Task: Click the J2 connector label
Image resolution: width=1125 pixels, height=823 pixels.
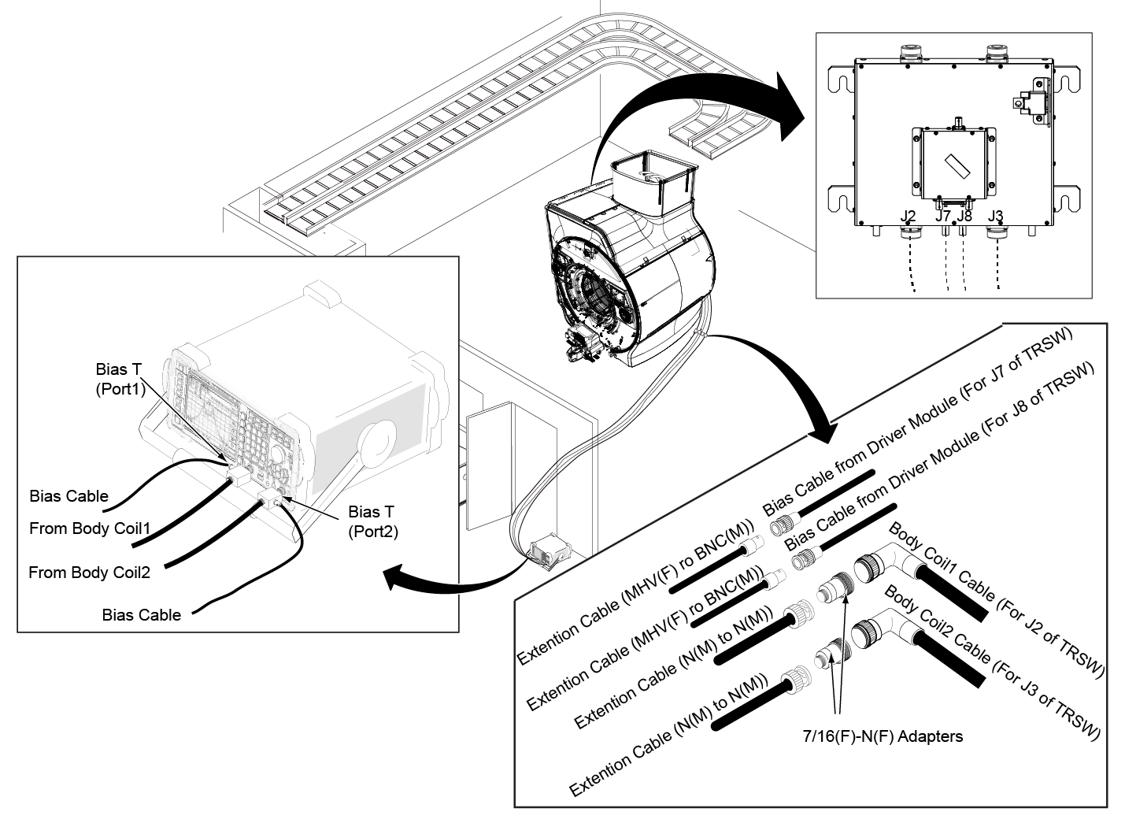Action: [908, 216]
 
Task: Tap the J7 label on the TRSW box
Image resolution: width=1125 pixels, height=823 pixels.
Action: [942, 216]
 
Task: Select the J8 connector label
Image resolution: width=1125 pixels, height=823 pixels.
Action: [964, 216]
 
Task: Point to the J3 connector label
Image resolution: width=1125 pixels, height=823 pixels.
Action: [995, 216]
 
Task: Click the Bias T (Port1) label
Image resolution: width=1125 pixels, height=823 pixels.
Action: [120, 380]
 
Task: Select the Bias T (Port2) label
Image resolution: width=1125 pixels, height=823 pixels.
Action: [373, 522]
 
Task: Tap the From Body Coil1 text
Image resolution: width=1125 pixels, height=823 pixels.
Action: [90, 528]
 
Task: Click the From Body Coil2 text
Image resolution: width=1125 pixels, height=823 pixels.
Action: [90, 573]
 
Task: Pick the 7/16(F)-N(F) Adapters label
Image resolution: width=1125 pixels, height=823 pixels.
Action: [883, 736]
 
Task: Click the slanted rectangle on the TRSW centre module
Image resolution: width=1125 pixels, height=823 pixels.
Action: [957, 166]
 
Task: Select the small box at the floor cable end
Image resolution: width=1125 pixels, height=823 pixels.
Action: [550, 551]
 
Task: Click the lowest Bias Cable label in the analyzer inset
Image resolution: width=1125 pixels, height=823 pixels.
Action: [141, 615]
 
